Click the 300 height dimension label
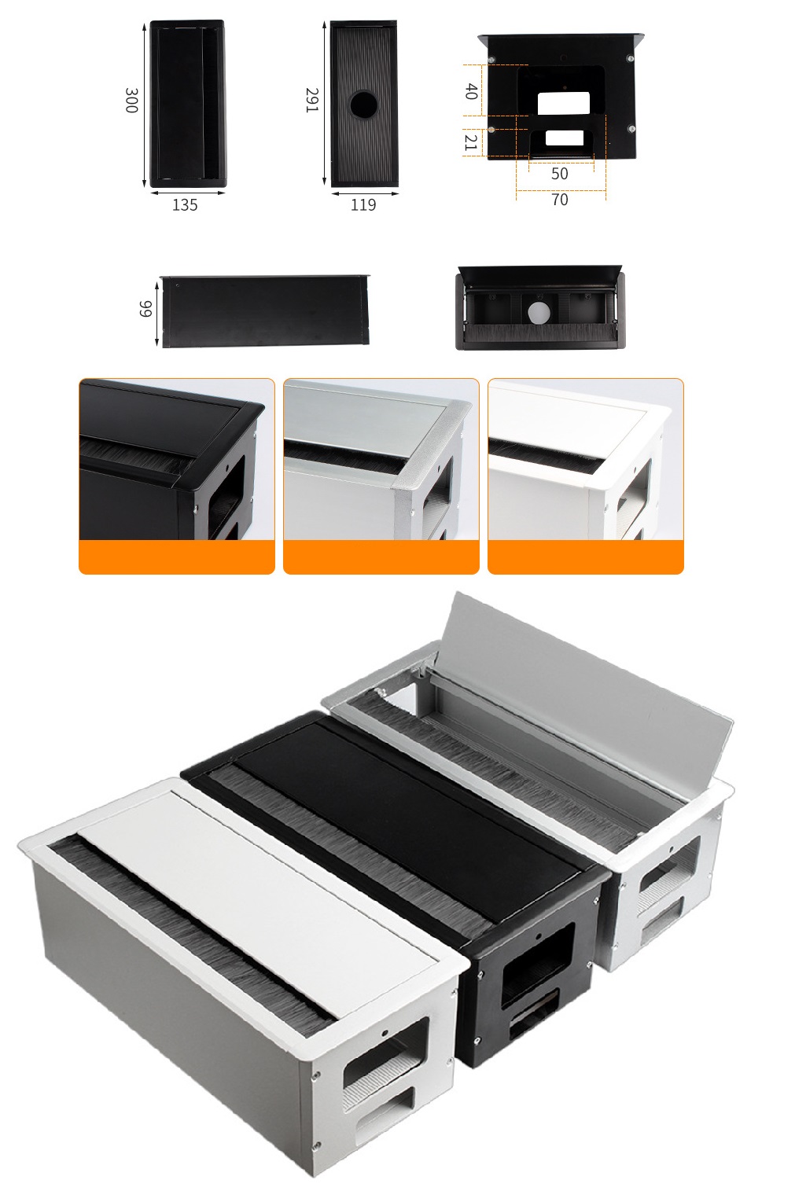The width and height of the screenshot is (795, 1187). (131, 101)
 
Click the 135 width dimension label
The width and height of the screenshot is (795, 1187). (185, 205)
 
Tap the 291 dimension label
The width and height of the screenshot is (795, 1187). (311, 100)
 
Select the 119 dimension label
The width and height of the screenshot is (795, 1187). (363, 205)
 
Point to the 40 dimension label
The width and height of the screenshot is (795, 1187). (471, 91)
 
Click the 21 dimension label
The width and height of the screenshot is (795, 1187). (471, 142)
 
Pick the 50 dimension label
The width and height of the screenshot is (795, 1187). (560, 174)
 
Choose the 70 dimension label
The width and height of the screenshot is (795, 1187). (560, 200)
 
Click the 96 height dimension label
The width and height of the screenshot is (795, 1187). (145, 309)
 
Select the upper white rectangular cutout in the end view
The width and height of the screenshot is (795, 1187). (563, 103)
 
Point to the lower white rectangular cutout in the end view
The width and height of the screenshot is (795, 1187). (565, 138)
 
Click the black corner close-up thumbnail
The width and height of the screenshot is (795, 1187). (176, 476)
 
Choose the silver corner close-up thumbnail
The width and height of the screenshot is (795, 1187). (381, 476)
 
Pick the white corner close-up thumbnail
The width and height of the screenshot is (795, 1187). (586, 476)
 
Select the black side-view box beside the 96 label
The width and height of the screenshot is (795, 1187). (265, 311)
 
